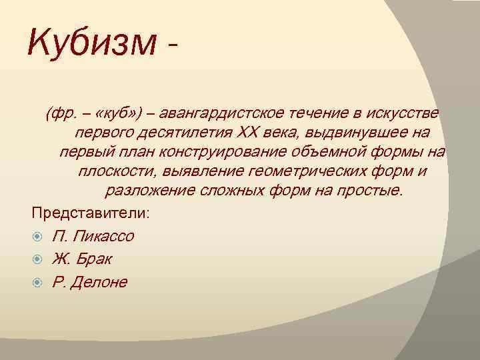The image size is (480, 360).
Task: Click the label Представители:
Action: pos(92,213)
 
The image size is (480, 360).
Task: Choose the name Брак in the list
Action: pos(93,259)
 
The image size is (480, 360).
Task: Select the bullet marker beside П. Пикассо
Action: pos(39,236)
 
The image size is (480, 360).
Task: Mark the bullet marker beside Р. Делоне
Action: pos(39,281)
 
